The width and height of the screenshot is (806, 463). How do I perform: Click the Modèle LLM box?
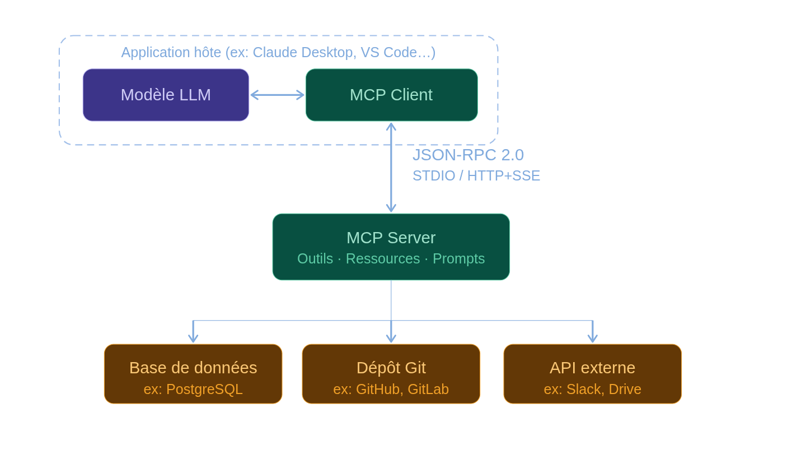click(166, 95)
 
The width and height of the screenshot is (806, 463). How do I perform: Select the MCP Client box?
click(391, 95)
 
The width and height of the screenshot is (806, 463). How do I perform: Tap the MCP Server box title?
click(391, 238)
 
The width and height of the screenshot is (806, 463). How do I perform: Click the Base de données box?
click(193, 373)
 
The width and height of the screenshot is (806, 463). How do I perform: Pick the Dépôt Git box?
click(391, 373)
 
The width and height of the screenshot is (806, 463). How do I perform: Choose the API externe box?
click(592, 373)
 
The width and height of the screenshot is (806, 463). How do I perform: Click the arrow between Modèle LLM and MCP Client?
click(277, 95)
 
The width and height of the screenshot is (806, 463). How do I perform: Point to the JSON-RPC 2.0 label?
click(468, 155)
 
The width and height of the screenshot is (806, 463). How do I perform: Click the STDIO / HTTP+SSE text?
click(476, 176)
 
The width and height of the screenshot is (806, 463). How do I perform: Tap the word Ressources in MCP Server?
click(383, 259)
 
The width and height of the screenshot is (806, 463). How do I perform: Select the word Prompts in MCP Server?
click(458, 259)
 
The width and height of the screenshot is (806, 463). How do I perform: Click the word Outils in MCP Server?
click(315, 259)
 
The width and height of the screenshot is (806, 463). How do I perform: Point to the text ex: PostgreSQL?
click(193, 389)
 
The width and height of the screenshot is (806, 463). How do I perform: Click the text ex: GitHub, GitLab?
click(391, 389)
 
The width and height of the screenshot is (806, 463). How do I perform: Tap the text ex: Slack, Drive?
click(592, 389)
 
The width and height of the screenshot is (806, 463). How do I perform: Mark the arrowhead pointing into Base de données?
click(193, 339)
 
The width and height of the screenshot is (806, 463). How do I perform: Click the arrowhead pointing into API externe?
click(593, 339)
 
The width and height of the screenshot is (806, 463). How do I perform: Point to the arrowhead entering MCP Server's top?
click(391, 208)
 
